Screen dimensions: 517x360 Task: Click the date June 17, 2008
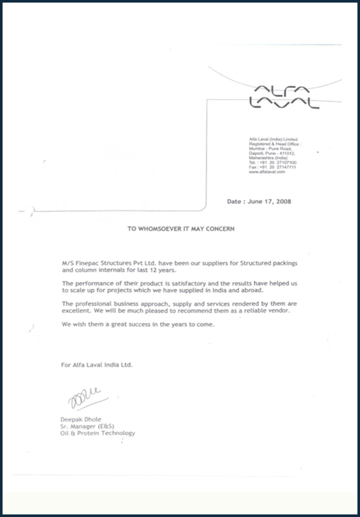(x=259, y=201)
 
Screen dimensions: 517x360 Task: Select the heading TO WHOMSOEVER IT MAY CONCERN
(x=181, y=229)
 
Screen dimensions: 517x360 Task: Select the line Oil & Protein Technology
(x=98, y=433)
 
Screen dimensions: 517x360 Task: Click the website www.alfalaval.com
(x=266, y=172)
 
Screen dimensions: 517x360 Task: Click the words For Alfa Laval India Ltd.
(x=97, y=365)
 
